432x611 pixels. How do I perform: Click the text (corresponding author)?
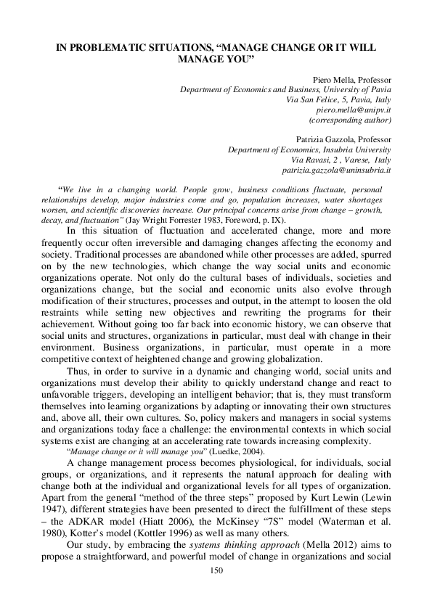(351, 119)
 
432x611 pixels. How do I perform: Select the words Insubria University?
(356, 149)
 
